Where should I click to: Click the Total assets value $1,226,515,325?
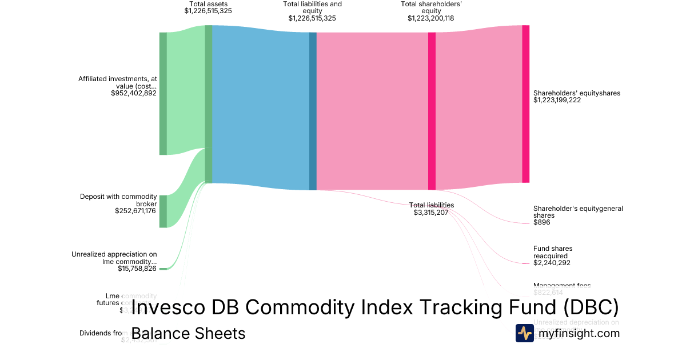pyautogui.click(x=208, y=11)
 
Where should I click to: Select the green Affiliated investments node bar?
pyautogui.click(x=163, y=94)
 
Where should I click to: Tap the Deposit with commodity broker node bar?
pyautogui.click(x=163, y=211)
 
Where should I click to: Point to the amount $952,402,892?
pyautogui.click(x=134, y=93)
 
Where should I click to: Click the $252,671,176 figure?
pyautogui.click(x=135, y=211)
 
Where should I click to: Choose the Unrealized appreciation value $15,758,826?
pyautogui.click(x=137, y=269)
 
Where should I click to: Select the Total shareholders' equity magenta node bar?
pyautogui.click(x=432, y=111)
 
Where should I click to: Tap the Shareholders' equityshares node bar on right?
pyautogui.click(x=525, y=104)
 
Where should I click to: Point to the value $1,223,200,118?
pyautogui.click(x=431, y=18)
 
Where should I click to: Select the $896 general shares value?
pyautogui.click(x=541, y=222)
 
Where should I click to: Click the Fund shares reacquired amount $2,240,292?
pyautogui.click(x=552, y=263)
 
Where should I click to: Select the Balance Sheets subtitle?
pyautogui.click(x=188, y=333)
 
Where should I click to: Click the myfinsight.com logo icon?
pyautogui.click(x=524, y=333)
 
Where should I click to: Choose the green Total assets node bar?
pyautogui.click(x=209, y=104)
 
